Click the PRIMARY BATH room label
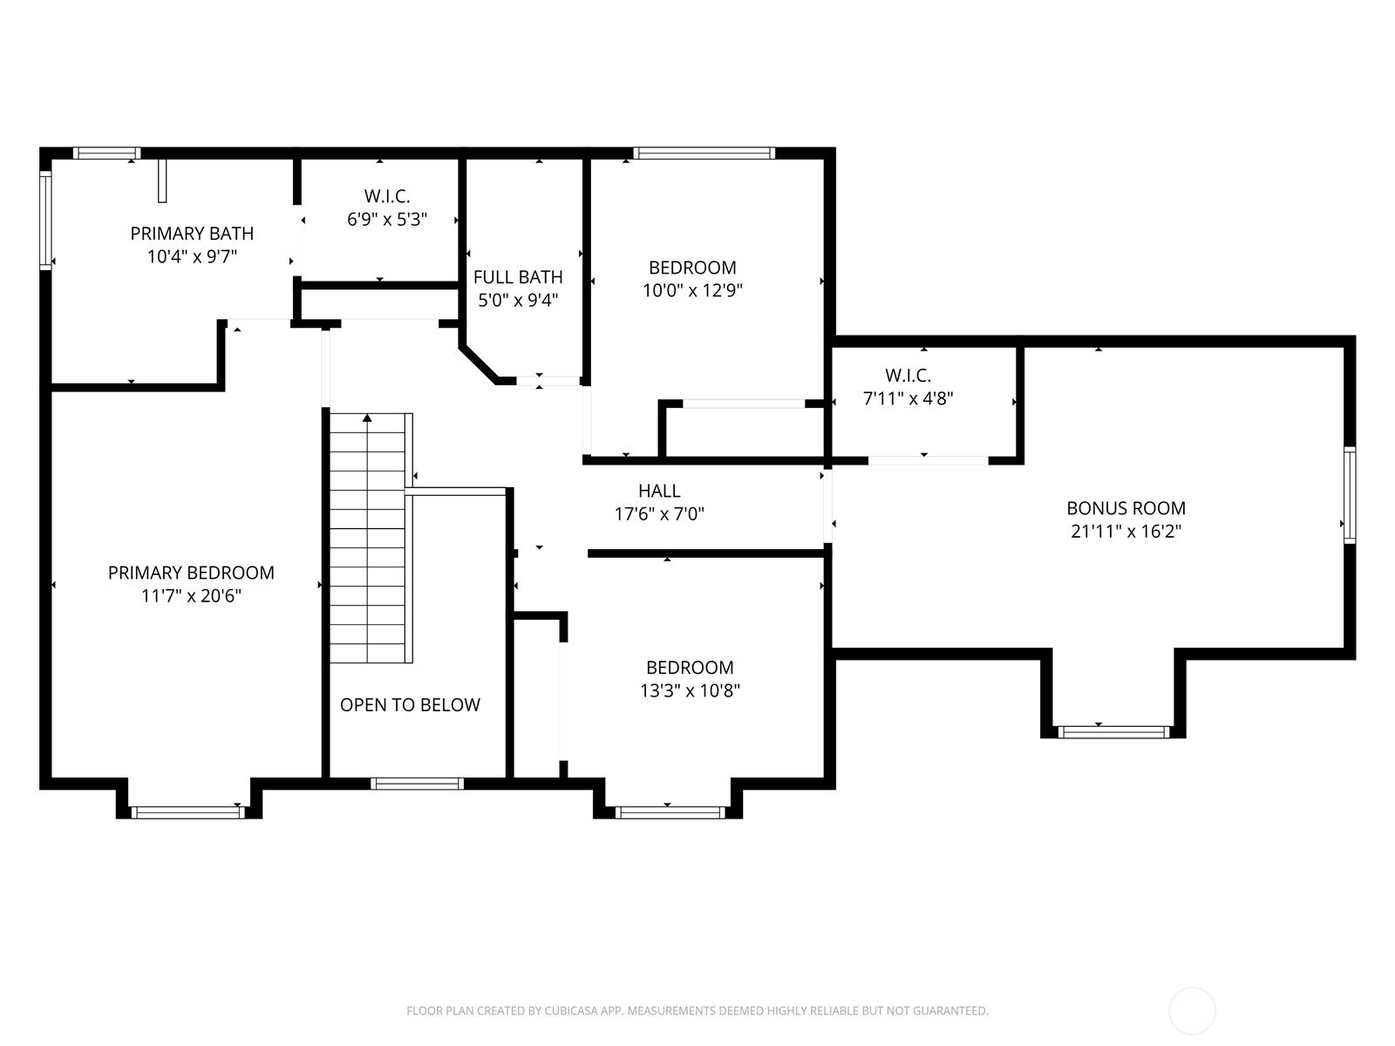[x=192, y=234]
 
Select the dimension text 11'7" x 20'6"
[x=192, y=596]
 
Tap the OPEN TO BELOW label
[x=410, y=705]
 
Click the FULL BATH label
[x=518, y=277]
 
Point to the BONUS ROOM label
[x=1126, y=508]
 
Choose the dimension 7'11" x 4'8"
[x=908, y=399]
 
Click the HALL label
[x=659, y=491]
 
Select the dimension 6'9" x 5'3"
[x=387, y=220]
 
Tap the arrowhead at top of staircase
[x=368, y=418]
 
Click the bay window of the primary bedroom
[x=187, y=812]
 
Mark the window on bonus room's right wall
[x=1349, y=494]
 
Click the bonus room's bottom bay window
[x=1113, y=731]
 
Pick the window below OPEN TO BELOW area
[x=417, y=784]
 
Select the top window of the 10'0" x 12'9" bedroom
[x=704, y=153]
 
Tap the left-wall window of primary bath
[x=46, y=220]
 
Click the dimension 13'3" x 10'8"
[x=689, y=691]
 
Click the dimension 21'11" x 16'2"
[x=1126, y=532]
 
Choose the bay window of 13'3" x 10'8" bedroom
[x=670, y=812]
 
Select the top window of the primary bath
[x=106, y=153]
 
